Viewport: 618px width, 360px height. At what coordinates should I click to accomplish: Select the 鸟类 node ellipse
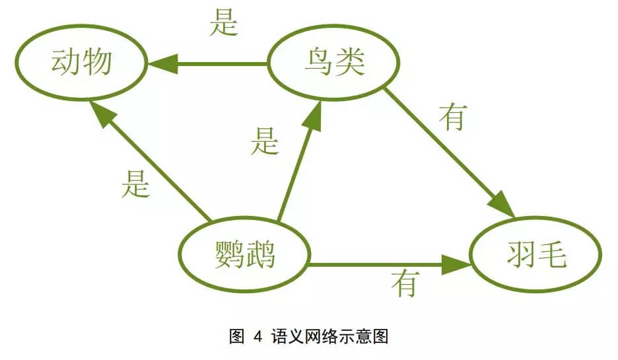point(334,63)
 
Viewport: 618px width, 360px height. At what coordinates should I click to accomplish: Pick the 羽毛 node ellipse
point(536,255)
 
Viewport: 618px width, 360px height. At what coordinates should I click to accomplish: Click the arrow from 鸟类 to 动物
point(211,64)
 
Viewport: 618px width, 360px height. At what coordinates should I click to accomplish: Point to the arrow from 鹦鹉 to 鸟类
point(297,165)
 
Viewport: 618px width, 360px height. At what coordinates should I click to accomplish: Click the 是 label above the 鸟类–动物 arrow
point(223,24)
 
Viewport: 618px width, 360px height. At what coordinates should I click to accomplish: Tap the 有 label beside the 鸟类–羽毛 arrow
point(454,117)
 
